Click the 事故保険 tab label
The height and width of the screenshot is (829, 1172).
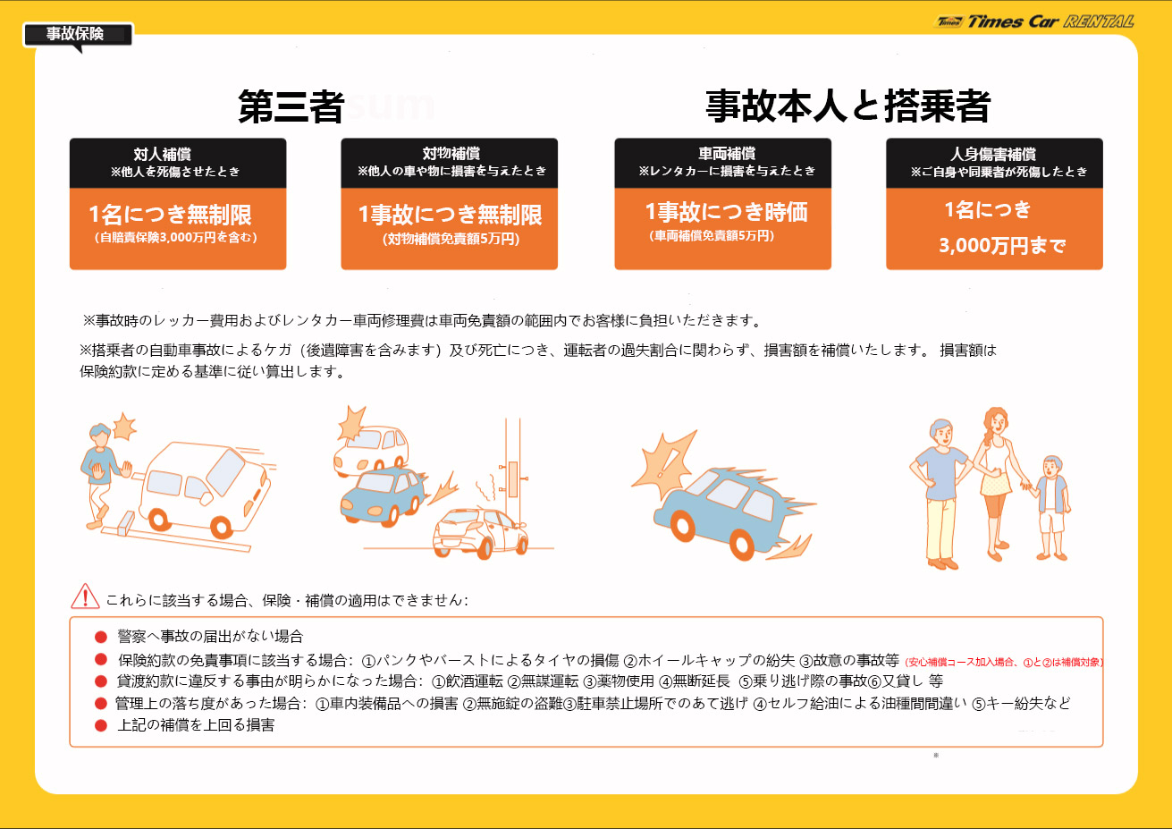[75, 34]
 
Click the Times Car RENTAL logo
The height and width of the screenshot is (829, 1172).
[1034, 21]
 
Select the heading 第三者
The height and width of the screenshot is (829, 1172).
[291, 106]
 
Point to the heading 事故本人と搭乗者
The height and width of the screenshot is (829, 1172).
[847, 106]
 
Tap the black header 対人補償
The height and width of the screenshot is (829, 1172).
[178, 163]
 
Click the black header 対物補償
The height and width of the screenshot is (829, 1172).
[450, 163]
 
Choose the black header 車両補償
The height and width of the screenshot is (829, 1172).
[723, 163]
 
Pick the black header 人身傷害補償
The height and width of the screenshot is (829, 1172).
[995, 163]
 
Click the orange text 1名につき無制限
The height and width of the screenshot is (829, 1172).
[171, 215]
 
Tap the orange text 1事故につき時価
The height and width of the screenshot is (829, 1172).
[727, 213]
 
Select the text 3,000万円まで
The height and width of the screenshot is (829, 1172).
[1002, 245]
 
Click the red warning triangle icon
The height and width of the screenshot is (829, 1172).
[85, 597]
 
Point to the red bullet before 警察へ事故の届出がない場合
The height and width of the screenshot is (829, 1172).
[101, 637]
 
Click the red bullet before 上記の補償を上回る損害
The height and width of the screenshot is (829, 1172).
[101, 725]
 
